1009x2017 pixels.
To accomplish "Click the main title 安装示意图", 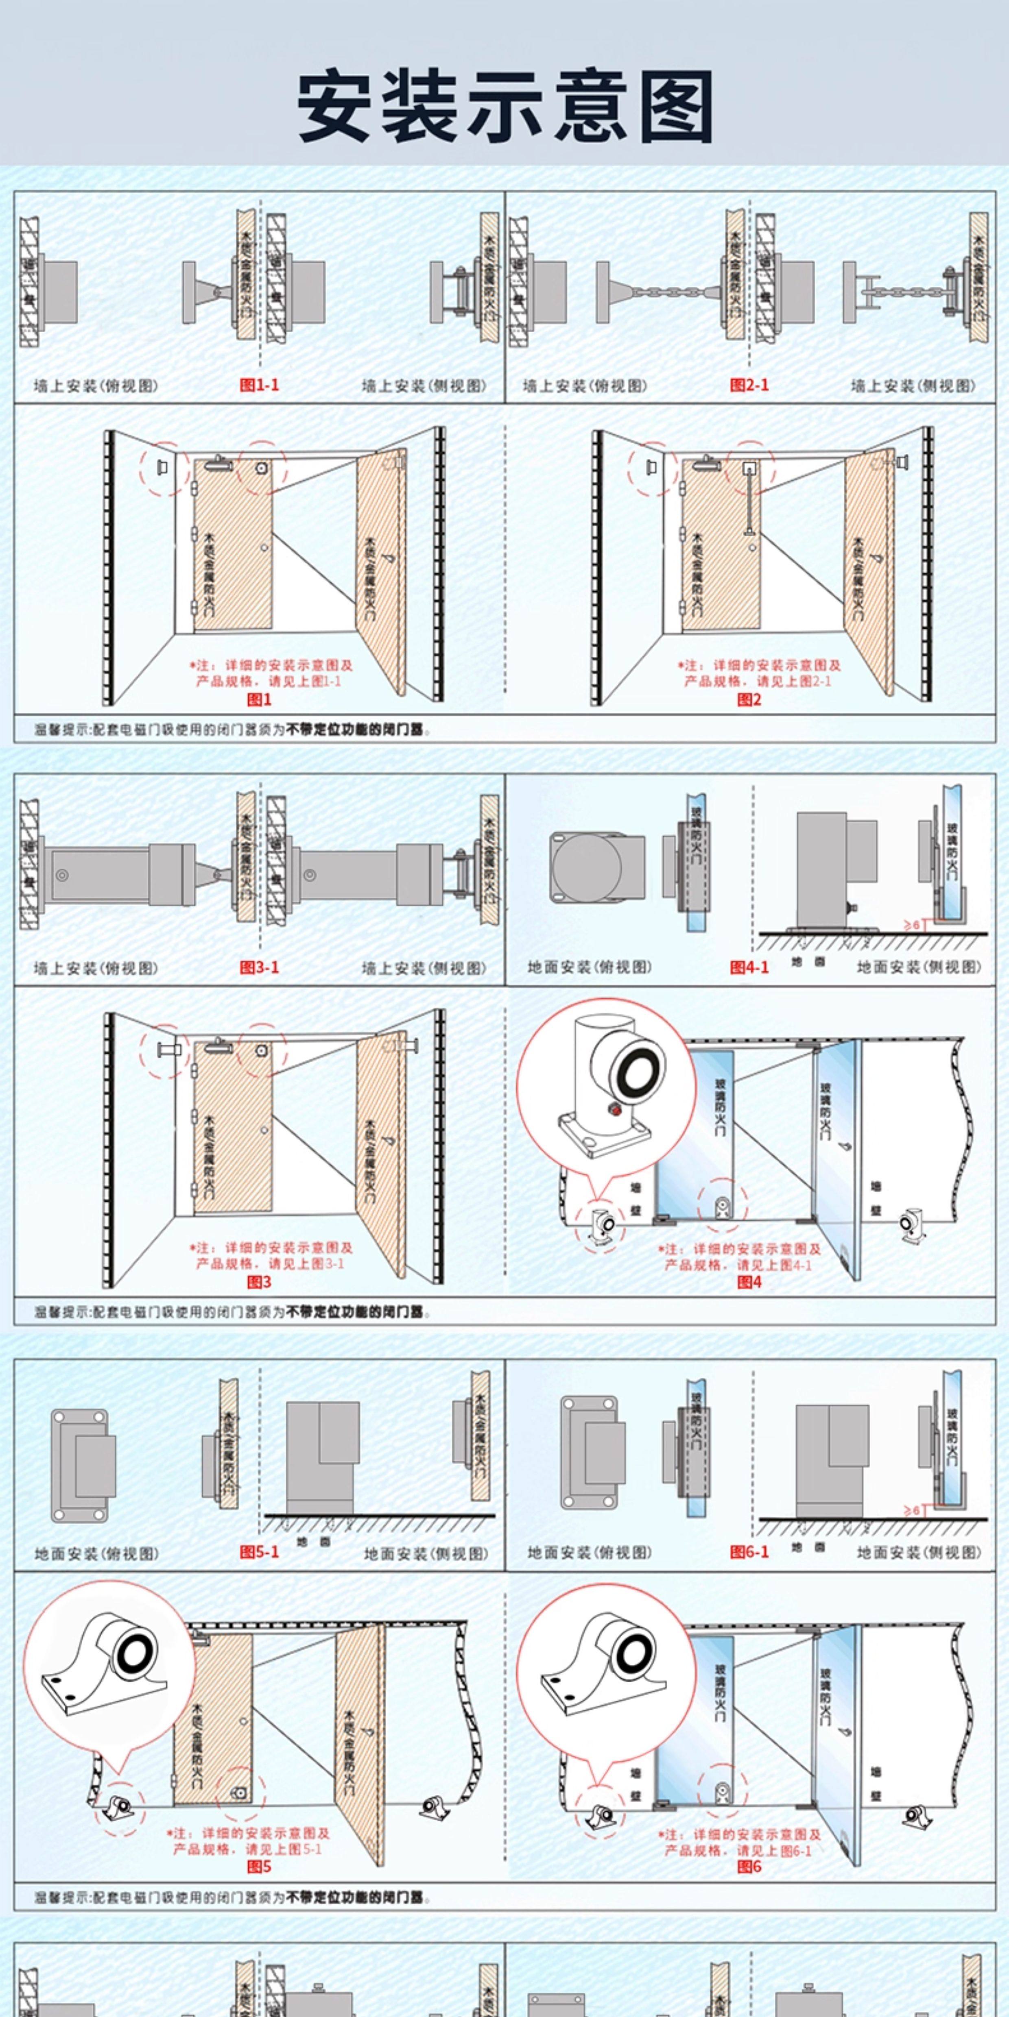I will click(x=504, y=106).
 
